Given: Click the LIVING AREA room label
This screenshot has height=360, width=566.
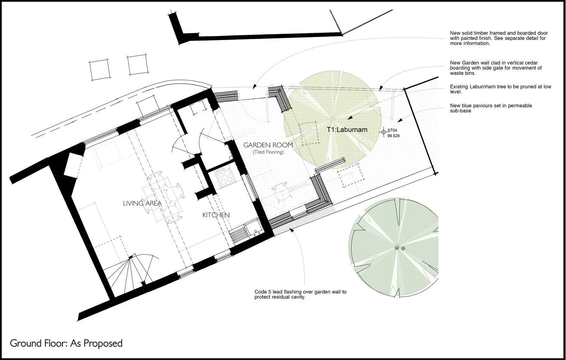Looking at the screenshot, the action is tap(142, 203).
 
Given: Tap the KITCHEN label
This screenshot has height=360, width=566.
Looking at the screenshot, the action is tap(216, 215).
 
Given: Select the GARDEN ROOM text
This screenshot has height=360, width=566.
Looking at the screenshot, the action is tap(268, 145).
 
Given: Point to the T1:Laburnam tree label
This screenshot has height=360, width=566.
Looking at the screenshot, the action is tap(347, 130).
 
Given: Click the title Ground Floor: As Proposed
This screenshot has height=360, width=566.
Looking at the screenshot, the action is tap(66, 343).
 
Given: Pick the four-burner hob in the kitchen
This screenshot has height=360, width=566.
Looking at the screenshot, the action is tap(224, 176).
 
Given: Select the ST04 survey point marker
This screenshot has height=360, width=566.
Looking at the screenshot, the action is tap(384, 132).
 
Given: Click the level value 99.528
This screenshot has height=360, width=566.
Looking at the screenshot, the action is tap(393, 136).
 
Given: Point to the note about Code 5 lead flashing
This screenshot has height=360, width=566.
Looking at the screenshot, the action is tap(300, 294).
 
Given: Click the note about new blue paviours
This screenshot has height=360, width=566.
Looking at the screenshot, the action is tap(491, 108).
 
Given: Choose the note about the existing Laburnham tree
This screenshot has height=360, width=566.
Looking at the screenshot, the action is tap(500, 89).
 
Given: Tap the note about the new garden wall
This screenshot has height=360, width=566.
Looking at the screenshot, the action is tap(496, 68).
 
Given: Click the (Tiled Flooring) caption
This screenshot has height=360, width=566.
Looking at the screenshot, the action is tap(268, 152).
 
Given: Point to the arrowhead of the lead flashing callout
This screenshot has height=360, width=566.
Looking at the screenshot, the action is tap(291, 230).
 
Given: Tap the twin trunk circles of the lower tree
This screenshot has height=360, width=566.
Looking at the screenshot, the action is tap(400, 248).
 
